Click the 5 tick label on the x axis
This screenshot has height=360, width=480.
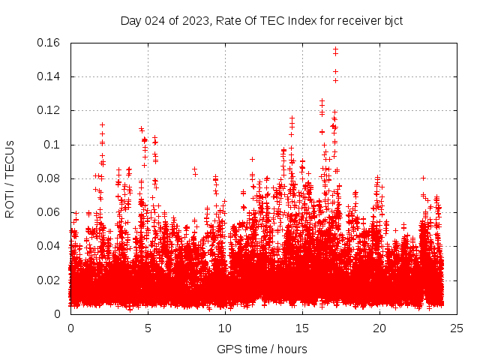click(x=148, y=328)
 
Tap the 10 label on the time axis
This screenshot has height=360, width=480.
click(x=225, y=328)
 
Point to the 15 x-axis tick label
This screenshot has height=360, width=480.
click(x=302, y=328)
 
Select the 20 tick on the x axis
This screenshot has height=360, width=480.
click(x=379, y=328)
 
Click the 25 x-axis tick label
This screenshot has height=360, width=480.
click(x=457, y=328)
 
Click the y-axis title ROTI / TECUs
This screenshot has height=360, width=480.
click(x=10, y=178)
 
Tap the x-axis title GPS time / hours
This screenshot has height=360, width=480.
click(x=262, y=349)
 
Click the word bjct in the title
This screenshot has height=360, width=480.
click(x=392, y=20)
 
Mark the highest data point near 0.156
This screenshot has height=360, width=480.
click(x=335, y=49)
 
